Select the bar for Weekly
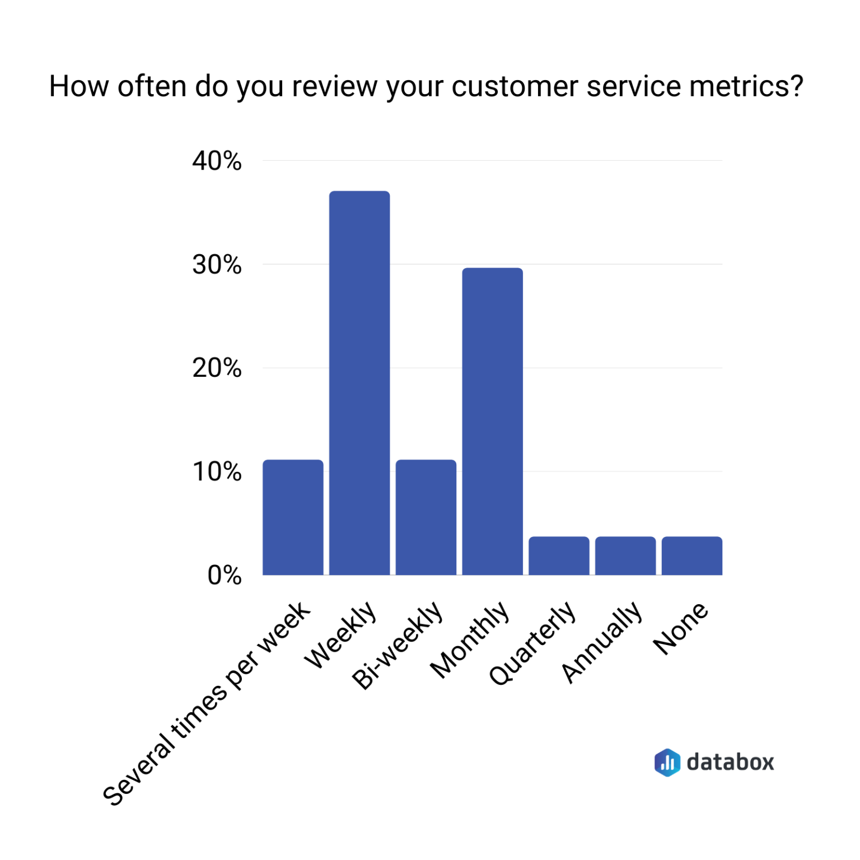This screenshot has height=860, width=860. [x=359, y=383]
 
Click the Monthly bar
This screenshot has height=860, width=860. [x=492, y=421]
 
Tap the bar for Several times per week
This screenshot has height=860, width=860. [x=293, y=517]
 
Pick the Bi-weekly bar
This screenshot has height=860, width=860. [x=426, y=517]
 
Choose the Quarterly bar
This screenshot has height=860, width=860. [x=559, y=555]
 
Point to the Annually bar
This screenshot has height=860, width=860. [x=625, y=555]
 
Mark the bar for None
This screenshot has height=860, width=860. [x=692, y=555]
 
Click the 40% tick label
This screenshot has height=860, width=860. [x=217, y=161]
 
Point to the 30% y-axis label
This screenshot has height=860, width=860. [x=217, y=265]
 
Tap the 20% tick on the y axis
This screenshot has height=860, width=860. [x=217, y=368]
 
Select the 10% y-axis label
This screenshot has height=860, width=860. [x=217, y=472]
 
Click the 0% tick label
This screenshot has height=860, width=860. [x=224, y=576]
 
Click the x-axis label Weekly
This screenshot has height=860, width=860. [x=340, y=635]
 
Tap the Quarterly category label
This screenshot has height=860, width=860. [x=532, y=643]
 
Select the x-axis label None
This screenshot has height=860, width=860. [x=681, y=628]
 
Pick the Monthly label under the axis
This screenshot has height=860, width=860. [x=470, y=640]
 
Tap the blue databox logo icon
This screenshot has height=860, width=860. [x=667, y=762]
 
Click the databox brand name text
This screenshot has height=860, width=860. [x=730, y=762]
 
